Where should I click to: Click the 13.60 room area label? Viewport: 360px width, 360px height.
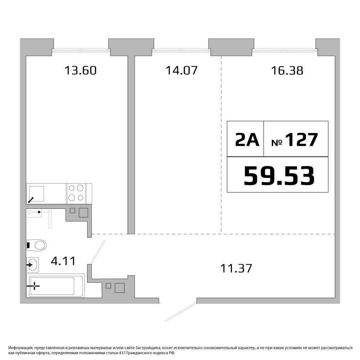click(80, 70)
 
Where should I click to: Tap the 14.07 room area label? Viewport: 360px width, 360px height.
click(181, 70)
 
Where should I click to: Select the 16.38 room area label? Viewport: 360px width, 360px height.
click(287, 71)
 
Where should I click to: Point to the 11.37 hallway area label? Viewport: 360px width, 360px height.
click(236, 268)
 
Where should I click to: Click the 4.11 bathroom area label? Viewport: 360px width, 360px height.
click(63, 261)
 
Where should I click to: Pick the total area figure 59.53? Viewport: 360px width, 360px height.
click(279, 176)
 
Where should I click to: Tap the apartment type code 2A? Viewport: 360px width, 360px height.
click(247, 140)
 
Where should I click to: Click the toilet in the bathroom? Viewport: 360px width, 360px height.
click(37, 245)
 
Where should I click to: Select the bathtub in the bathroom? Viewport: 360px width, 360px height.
click(55, 285)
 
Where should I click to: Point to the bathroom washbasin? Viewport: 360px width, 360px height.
click(32, 265)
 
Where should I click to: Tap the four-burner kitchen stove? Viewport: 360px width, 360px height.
click(76, 194)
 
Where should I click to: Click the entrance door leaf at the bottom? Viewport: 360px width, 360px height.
click(180, 312)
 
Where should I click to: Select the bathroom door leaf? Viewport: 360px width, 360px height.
click(98, 252)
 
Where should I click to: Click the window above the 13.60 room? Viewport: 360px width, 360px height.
click(81, 50)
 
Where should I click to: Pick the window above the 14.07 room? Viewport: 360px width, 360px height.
click(181, 50)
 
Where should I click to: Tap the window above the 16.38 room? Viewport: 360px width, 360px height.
click(285, 50)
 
